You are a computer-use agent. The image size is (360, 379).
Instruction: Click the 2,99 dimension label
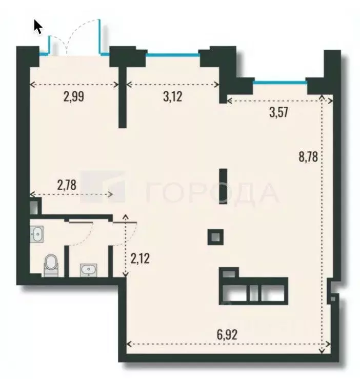click(74, 96)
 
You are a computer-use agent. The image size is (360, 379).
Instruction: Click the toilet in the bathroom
click(51, 265)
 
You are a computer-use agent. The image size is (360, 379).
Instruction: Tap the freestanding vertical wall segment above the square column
click(223, 186)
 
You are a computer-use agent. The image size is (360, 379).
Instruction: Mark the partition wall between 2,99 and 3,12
click(122, 97)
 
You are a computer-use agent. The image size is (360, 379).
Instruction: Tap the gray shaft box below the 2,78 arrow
click(34, 207)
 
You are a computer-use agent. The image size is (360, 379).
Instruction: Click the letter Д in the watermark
click(245, 193)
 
